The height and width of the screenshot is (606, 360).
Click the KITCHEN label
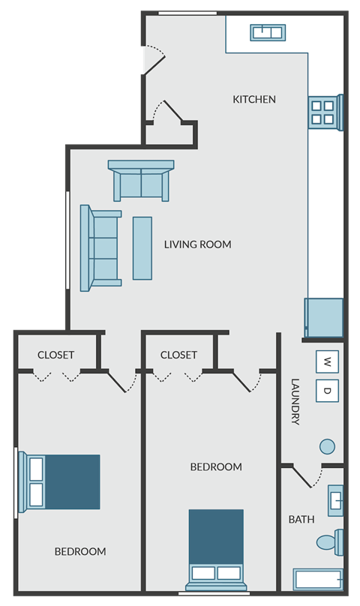[x=254, y=99]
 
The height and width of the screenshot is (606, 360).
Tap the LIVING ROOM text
[x=197, y=244]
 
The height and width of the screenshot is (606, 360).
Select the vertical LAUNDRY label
[x=295, y=401]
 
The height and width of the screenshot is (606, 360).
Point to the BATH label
[x=301, y=519]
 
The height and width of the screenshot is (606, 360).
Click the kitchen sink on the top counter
[x=267, y=31]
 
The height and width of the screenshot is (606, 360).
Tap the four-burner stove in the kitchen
[x=322, y=112]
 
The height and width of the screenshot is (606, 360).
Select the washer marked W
[x=327, y=362]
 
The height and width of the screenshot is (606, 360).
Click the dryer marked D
[x=327, y=390]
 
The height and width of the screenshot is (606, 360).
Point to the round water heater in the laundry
[x=327, y=446]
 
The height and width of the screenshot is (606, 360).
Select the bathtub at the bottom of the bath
[x=319, y=580]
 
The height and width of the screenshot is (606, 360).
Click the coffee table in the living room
[x=142, y=248]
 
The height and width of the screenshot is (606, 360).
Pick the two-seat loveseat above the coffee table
[x=141, y=181]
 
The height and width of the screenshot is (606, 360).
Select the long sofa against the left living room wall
[x=102, y=248]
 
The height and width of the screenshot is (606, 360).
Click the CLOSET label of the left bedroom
[x=56, y=355]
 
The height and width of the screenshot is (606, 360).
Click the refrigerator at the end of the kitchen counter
[x=324, y=317]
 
